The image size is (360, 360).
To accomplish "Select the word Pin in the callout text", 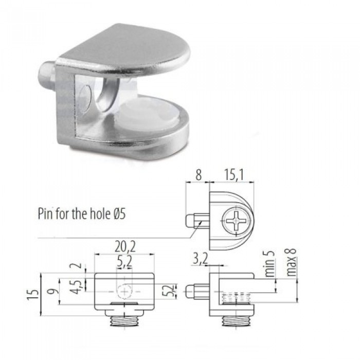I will tap(45, 212).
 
